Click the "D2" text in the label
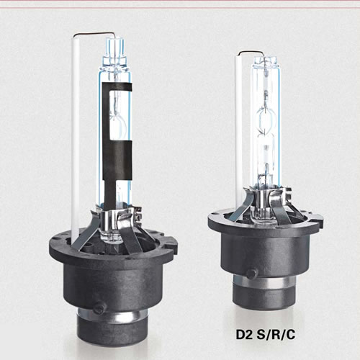click(x=243, y=335)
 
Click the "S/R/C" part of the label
click(x=276, y=335)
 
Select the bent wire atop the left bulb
click(x=96, y=34)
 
